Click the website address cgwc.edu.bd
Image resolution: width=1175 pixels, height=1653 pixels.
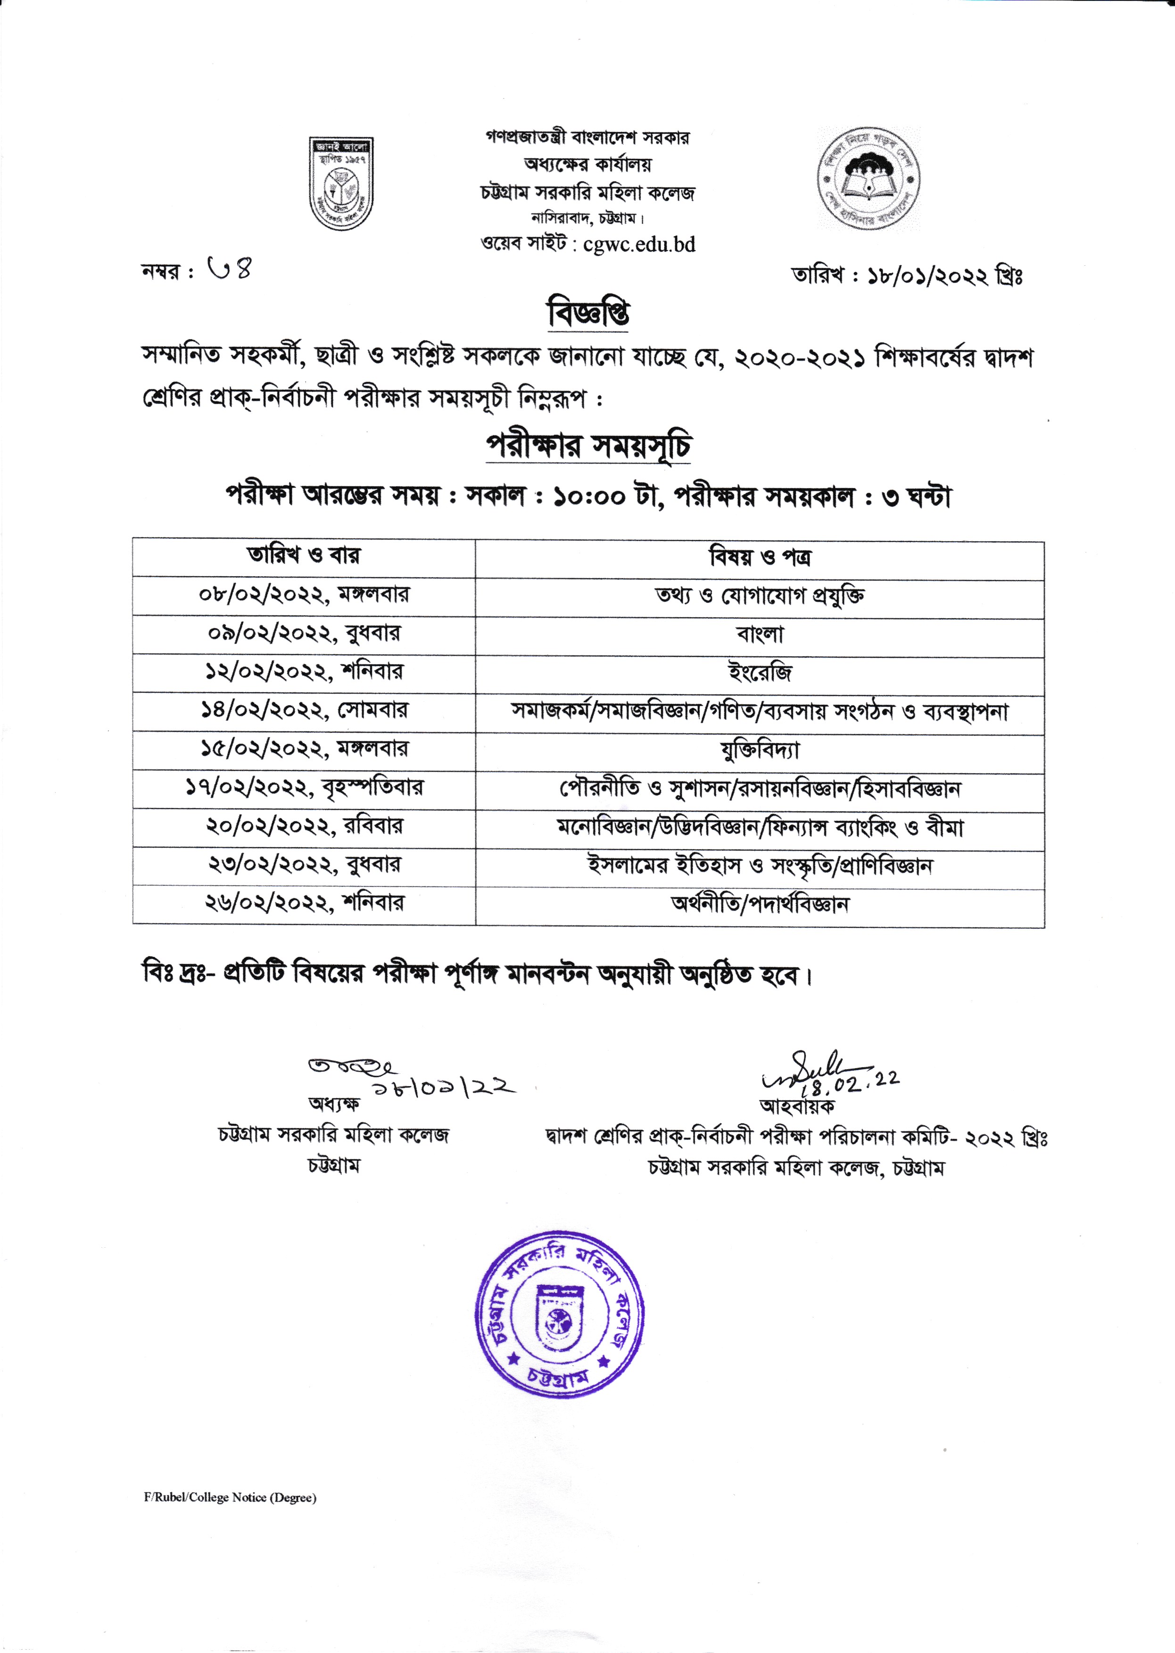[x=639, y=245]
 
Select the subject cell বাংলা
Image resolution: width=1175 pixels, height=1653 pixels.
[x=760, y=634]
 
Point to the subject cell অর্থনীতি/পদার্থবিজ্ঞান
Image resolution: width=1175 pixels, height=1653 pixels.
[x=760, y=903]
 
